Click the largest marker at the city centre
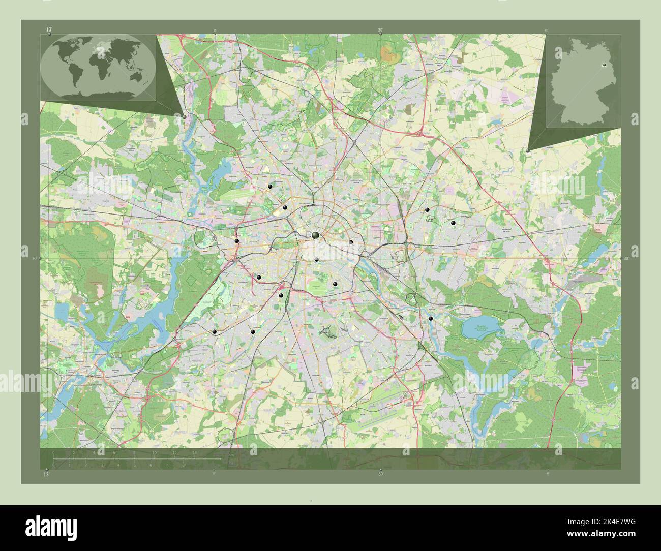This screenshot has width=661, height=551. (316, 234)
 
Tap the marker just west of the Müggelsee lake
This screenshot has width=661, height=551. (431, 318)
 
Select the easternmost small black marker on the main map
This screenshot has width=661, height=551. (453, 223)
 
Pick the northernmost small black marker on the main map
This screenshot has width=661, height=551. (270, 187)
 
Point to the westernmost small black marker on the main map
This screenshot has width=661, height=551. (214, 332)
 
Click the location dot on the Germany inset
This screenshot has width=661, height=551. (604, 65)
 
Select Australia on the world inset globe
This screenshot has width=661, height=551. (137, 76)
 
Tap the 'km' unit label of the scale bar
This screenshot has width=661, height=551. (231, 455)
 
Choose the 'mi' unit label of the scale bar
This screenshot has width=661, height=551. (230, 463)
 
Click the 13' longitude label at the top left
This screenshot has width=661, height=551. (49, 30)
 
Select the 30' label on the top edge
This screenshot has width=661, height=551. (380, 30)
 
